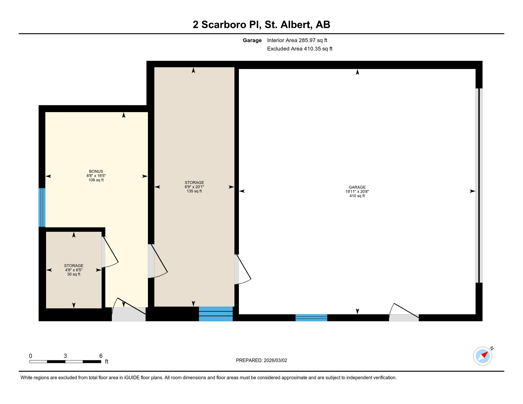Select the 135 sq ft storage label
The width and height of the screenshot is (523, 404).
point(194,187)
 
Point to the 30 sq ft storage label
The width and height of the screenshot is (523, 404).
point(74,270)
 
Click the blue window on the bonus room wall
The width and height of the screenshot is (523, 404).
point(42,207)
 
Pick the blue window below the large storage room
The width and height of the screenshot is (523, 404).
point(216,314)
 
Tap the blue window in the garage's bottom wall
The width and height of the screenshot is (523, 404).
point(311,318)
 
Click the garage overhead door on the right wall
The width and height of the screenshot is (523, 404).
point(479,185)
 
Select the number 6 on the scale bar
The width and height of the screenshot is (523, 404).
point(101,356)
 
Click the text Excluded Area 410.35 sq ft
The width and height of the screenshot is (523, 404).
point(300,49)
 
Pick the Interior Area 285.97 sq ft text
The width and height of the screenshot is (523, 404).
point(297,40)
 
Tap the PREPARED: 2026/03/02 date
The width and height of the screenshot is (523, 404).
point(261,360)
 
